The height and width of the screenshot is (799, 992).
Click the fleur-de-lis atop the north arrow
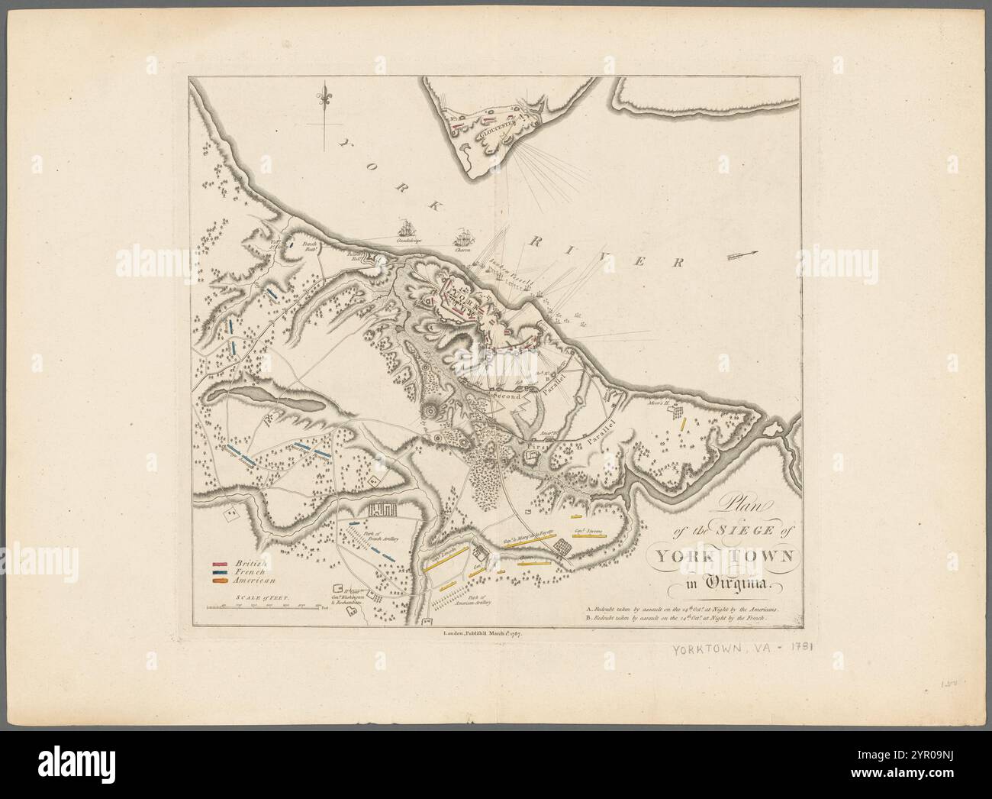click(x=327, y=99)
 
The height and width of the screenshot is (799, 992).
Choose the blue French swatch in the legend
click(x=221, y=572)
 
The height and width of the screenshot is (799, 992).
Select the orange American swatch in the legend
click(x=221, y=581)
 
